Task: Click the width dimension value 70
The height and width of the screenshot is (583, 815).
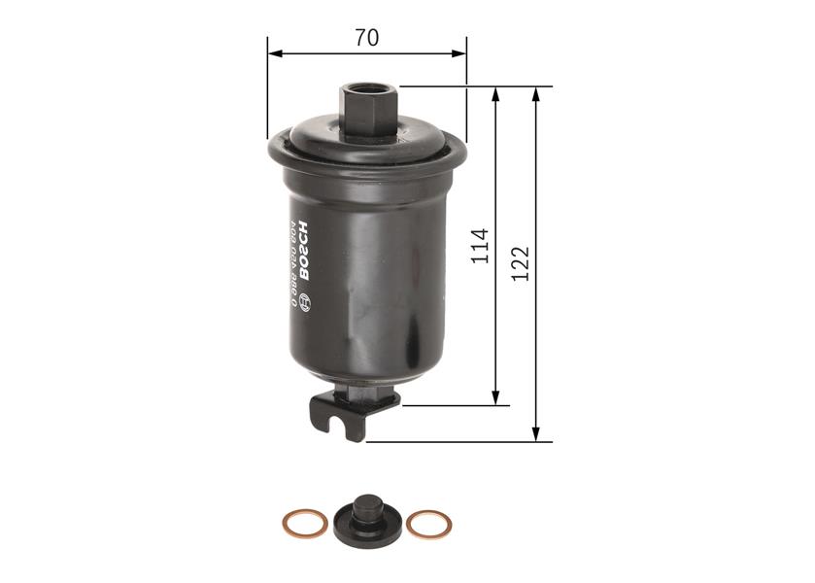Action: [x=366, y=38]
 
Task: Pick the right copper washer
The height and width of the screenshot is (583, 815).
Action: [x=428, y=525]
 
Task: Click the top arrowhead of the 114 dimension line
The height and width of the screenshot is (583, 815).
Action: [x=497, y=93]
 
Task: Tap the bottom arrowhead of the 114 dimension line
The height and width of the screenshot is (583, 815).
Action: [x=497, y=398]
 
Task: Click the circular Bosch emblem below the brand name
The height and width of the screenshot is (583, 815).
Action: [x=302, y=300]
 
